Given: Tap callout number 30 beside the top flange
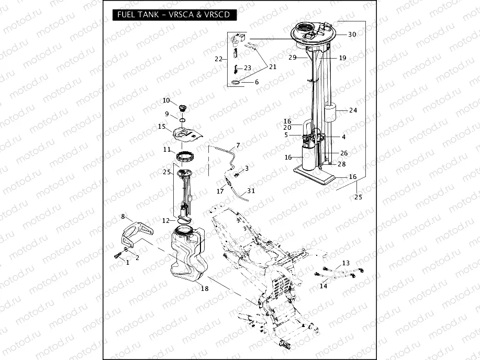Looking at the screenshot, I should click(x=352, y=35).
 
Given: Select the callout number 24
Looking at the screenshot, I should click(x=353, y=110).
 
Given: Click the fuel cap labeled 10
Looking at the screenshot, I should click(x=183, y=108).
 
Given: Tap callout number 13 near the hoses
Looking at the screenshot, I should click(x=345, y=263).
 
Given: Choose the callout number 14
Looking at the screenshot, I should click(x=323, y=286).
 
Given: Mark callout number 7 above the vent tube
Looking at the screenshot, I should click(x=238, y=145).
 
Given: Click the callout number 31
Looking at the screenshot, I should click(x=251, y=191).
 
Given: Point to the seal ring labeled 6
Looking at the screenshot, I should click(x=237, y=83).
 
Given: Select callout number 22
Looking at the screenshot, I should click(x=219, y=59).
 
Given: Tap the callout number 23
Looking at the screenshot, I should click(x=248, y=68).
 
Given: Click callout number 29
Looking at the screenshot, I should click(x=293, y=58).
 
